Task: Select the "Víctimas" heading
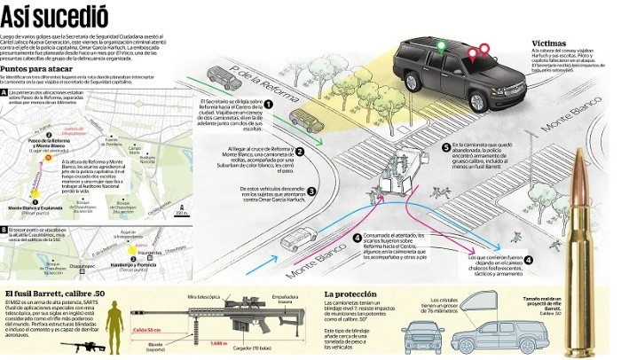551,43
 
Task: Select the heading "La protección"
354,293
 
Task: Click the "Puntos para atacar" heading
36,67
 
